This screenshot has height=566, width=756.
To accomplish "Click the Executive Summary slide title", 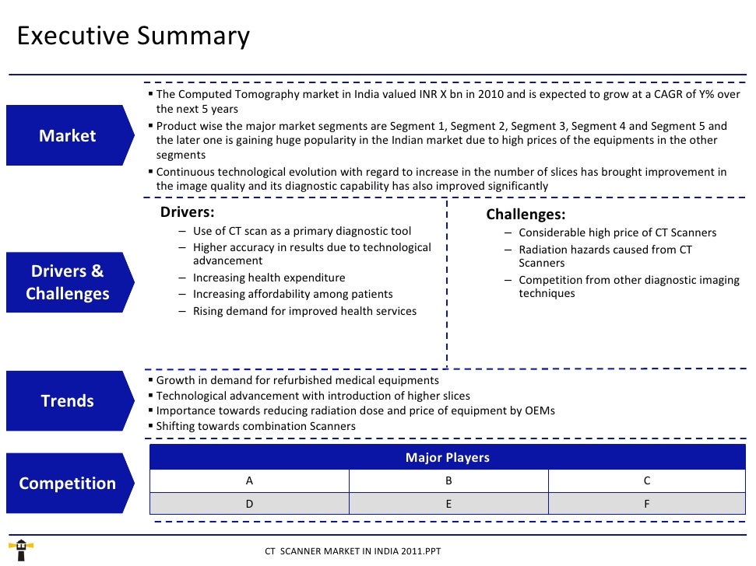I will pyautogui.click(x=133, y=37).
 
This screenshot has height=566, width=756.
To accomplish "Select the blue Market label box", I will pyautogui.click(x=68, y=136).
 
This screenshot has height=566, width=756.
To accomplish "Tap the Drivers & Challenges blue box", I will pyautogui.click(x=68, y=282).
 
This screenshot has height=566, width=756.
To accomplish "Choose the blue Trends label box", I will pyautogui.click(x=68, y=401).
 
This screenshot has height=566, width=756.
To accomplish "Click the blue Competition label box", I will pyautogui.click(x=68, y=484).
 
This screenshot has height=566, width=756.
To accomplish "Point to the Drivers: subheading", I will pyautogui.click(x=187, y=212).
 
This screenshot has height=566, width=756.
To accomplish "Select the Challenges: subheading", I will pyautogui.click(x=526, y=215).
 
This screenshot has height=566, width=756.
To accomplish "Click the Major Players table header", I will pyautogui.click(x=447, y=458).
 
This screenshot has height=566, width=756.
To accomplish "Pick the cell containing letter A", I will pyautogui.click(x=249, y=481).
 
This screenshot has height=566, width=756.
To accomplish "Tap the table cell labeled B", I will pyautogui.click(x=448, y=481).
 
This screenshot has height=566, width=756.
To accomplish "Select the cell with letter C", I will pyautogui.click(x=647, y=481).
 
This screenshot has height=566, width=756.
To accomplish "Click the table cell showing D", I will pyautogui.click(x=249, y=503).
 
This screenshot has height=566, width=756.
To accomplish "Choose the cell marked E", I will pyautogui.click(x=448, y=503).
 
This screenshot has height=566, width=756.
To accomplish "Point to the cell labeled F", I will pyautogui.click(x=647, y=503).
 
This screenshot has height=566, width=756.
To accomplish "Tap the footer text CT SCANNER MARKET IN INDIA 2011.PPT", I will pyautogui.click(x=353, y=551).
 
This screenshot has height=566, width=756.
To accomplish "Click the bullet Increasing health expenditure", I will pyautogui.click(x=269, y=278).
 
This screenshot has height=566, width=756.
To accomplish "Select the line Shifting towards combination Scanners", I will pyautogui.click(x=255, y=426).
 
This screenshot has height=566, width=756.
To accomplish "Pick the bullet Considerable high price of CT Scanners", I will pyautogui.click(x=617, y=232).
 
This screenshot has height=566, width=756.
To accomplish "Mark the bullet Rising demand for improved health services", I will pyautogui.click(x=304, y=311).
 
